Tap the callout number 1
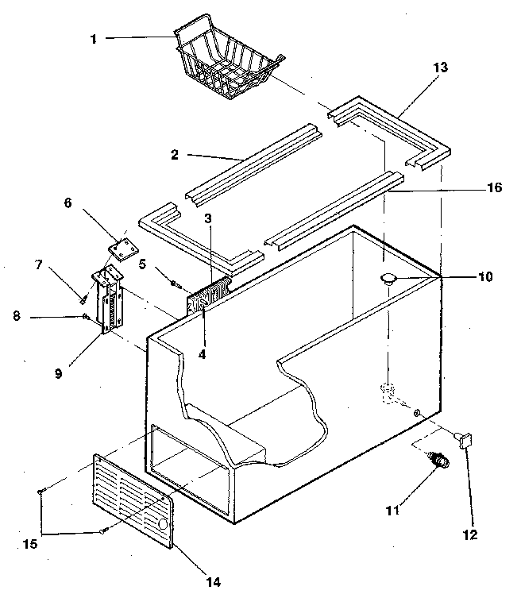click(x=93, y=38)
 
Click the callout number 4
click(x=202, y=354)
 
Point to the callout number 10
click(x=484, y=277)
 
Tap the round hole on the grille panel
click(x=163, y=525)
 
